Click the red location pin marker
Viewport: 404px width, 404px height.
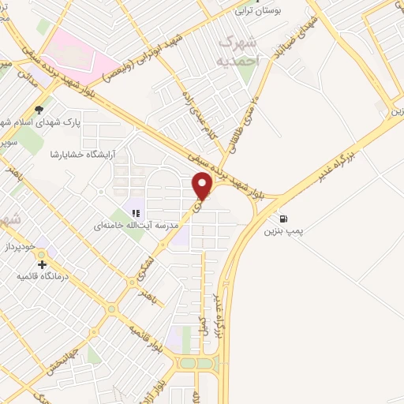pos(203,186)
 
